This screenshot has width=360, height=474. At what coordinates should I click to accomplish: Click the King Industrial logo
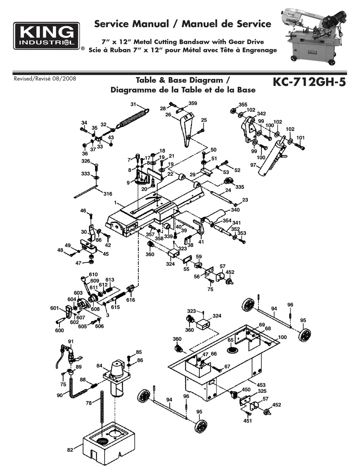click(47, 36)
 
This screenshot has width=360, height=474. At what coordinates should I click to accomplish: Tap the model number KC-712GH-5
click(309, 83)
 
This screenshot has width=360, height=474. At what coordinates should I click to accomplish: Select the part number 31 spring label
click(133, 104)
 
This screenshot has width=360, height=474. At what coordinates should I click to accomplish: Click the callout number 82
click(70, 450)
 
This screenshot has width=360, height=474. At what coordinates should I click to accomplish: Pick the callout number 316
click(108, 194)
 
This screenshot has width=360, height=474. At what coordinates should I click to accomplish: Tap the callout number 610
click(93, 274)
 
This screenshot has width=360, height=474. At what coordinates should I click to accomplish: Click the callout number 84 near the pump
click(100, 366)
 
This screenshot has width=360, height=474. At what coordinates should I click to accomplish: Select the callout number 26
click(168, 116)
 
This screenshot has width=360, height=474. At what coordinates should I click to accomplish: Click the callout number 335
click(240, 187)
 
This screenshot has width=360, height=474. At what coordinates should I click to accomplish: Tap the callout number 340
click(235, 210)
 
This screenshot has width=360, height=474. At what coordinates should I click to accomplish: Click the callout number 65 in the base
click(230, 340)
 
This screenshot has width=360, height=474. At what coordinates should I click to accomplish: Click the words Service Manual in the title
click(131, 24)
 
